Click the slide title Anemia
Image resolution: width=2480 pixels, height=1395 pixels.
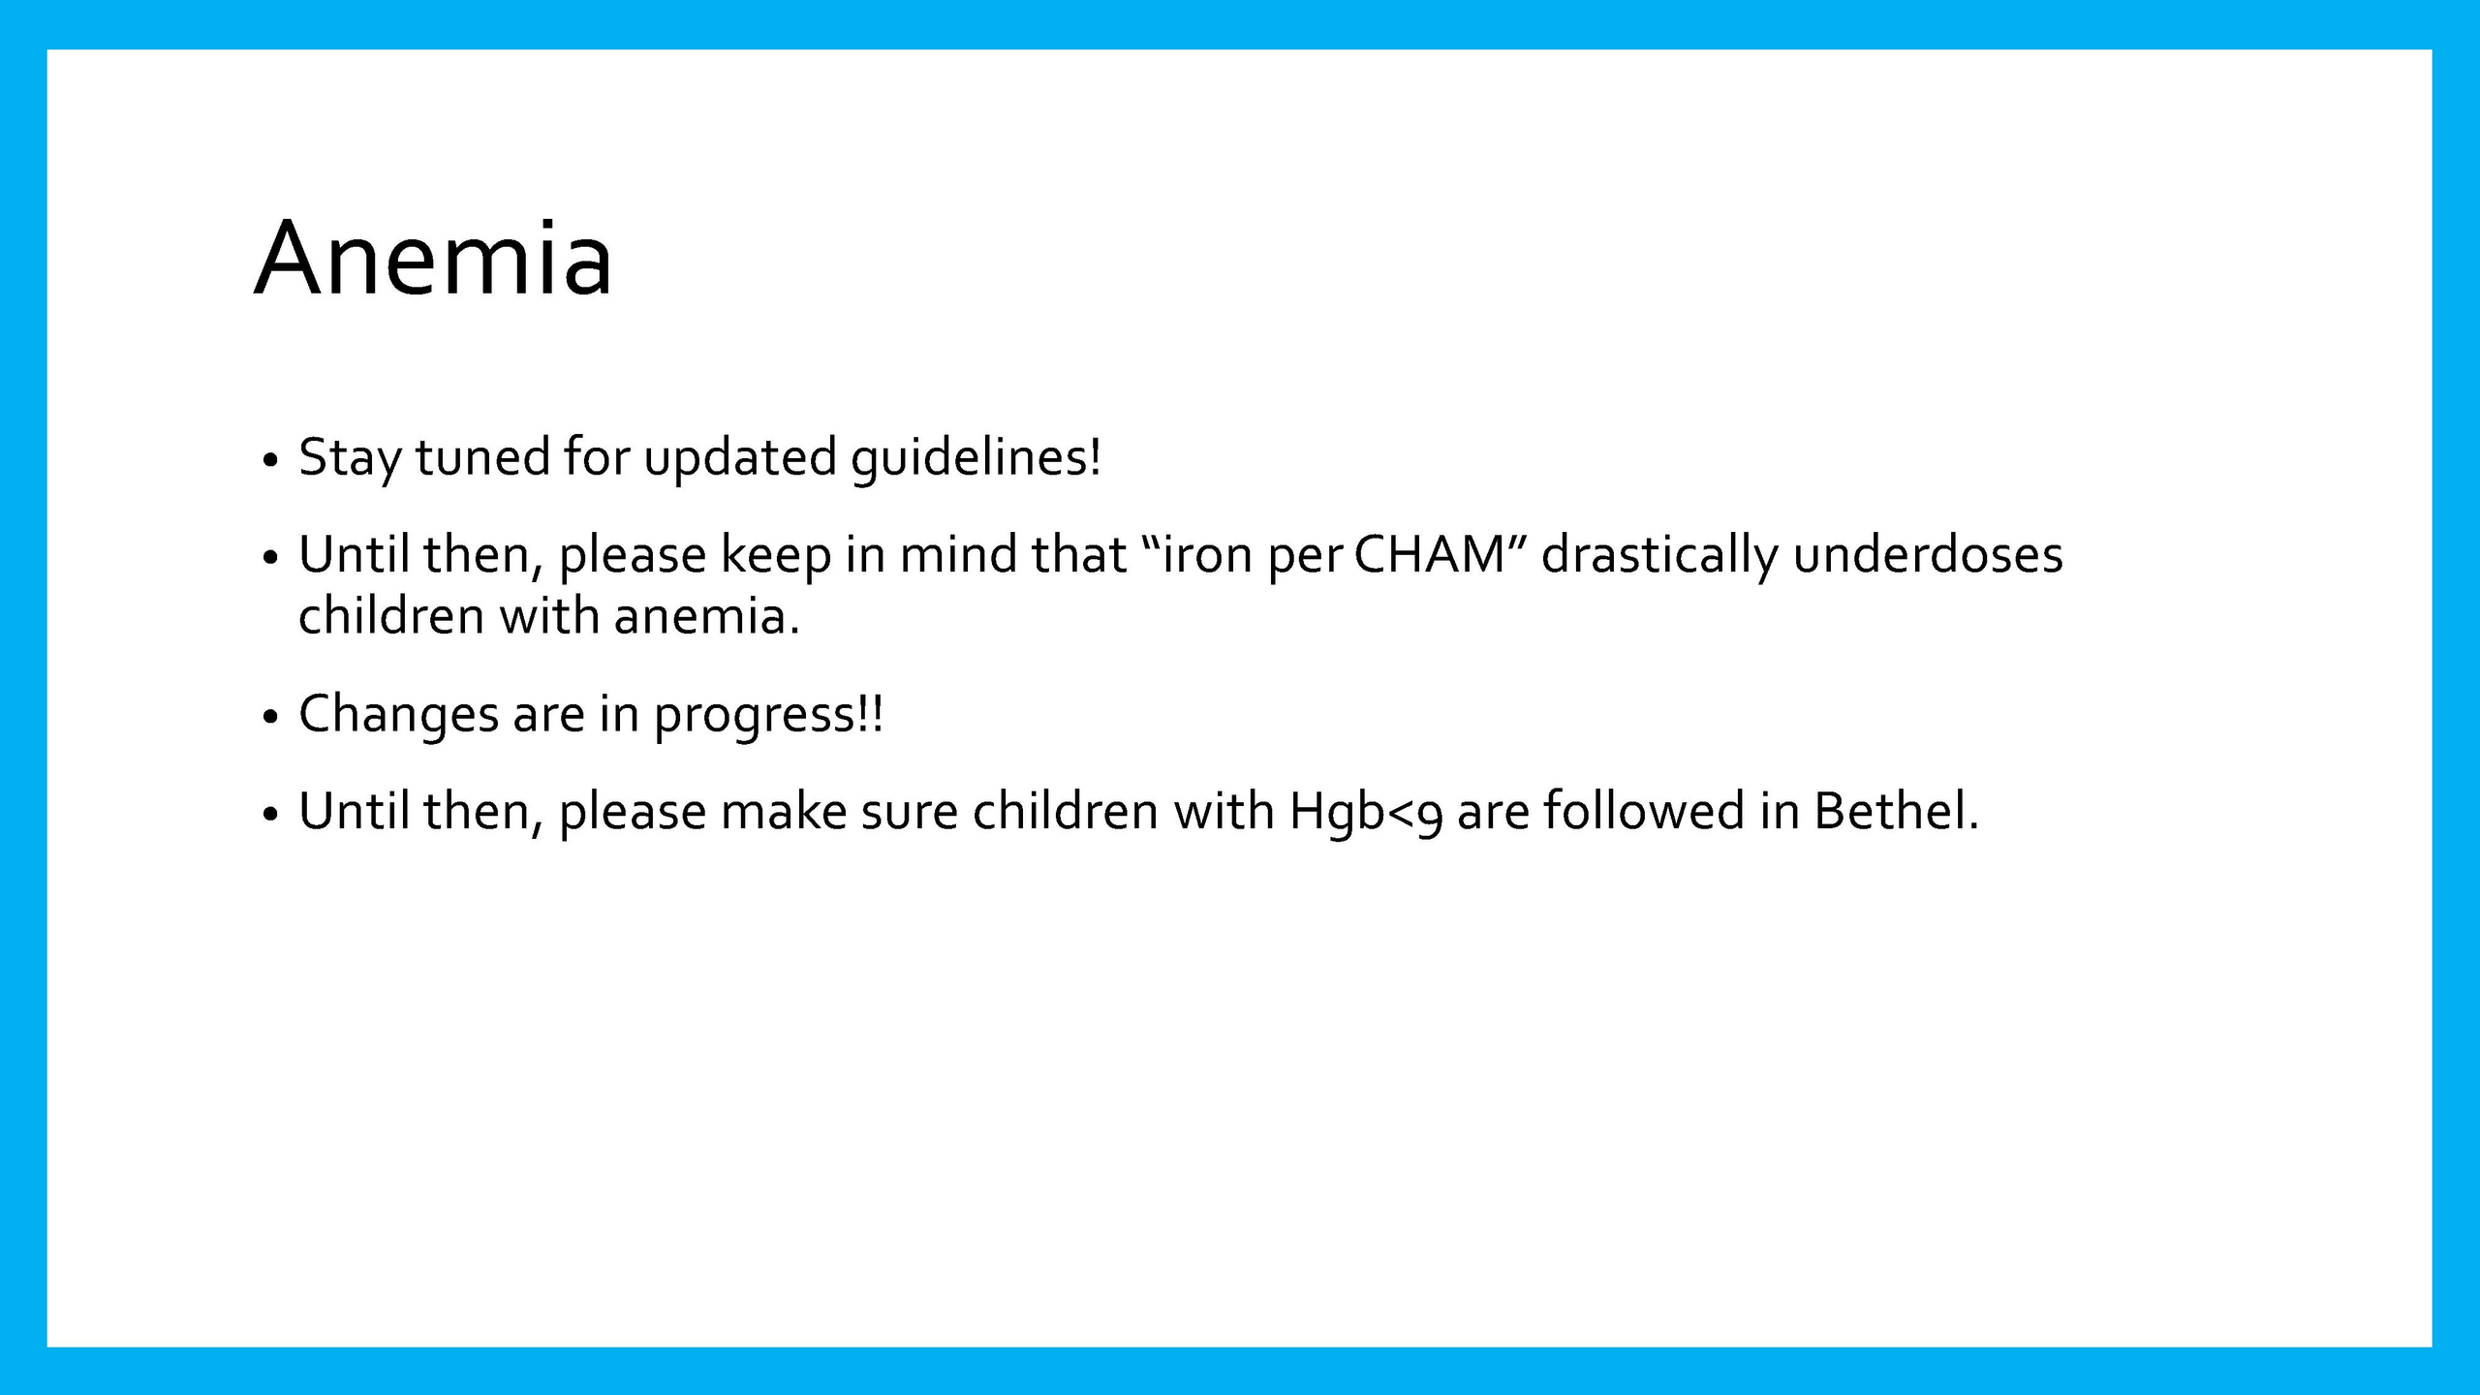coord(433,258)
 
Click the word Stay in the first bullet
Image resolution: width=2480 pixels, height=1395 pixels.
coord(350,458)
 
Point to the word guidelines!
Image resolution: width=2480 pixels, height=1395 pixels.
coord(976,458)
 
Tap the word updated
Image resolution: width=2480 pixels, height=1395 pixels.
coord(740,458)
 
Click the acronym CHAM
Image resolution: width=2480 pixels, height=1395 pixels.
coord(1430,555)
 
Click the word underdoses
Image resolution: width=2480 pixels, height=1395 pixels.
coord(1928,555)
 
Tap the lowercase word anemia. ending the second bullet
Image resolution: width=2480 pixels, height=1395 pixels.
coord(707,617)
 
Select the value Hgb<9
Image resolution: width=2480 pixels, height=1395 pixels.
coord(1365,813)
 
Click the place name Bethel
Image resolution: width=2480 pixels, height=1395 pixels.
coord(1896,811)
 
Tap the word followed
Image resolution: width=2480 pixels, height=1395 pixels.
coord(1644,811)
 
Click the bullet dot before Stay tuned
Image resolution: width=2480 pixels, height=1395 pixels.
coord(270,459)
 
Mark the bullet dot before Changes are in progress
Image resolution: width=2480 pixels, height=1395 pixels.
coord(270,717)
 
